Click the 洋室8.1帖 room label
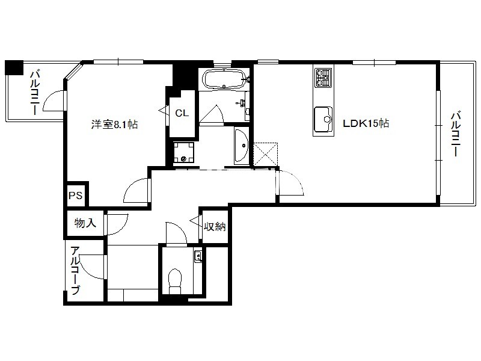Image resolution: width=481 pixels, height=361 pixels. (x=114, y=125)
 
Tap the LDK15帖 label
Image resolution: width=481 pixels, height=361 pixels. (x=366, y=123)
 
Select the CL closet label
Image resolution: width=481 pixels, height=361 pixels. (x=182, y=113)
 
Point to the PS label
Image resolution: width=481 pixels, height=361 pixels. (x=76, y=196)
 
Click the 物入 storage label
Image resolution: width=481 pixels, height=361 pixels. (x=85, y=223)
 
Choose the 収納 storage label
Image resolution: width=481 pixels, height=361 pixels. (x=215, y=226)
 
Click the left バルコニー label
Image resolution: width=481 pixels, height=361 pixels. (x=35, y=93)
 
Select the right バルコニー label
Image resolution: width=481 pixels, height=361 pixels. (x=456, y=134)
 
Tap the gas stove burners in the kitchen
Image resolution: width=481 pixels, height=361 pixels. (x=323, y=78)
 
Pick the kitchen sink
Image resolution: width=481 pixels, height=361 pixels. (x=323, y=119)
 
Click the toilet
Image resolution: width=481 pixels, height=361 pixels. (x=175, y=282)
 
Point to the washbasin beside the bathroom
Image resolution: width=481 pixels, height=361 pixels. (x=242, y=146)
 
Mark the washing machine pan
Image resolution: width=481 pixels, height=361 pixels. (x=183, y=152)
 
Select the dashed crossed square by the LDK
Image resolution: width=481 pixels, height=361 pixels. (x=266, y=155)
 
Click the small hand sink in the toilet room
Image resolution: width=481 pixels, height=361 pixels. (x=198, y=255)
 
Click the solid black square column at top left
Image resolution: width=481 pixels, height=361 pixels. (x=14, y=67)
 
